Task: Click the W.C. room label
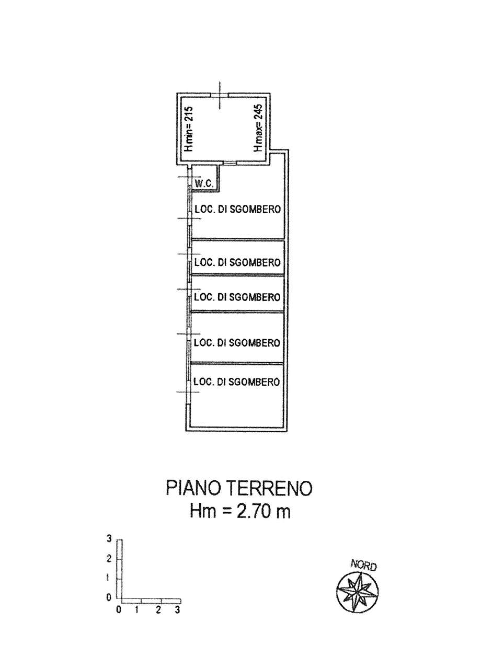point(204,183)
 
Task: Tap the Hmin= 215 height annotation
point(189,129)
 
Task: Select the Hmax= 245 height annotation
point(258,128)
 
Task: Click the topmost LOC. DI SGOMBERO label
point(238,210)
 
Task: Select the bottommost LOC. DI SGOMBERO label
point(237,382)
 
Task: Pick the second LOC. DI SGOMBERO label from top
point(237,262)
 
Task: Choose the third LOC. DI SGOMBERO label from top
point(237,297)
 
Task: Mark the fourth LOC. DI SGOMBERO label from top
point(237,342)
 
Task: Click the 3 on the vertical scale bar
point(109,539)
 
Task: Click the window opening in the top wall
point(220,95)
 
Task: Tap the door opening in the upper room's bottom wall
point(231,163)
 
